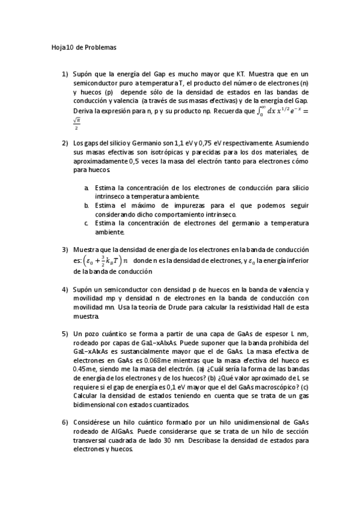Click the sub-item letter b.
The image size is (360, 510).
[x=87, y=206]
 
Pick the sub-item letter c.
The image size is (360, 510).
[x=87, y=223]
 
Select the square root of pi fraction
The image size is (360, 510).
[x=76, y=123]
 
